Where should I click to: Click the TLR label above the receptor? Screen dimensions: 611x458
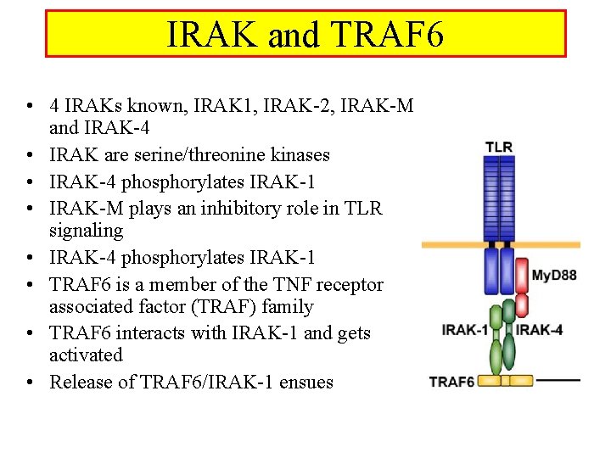tap(499, 147)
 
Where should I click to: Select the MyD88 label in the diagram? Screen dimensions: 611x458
tap(553, 275)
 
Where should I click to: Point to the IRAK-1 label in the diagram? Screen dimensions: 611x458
tap(464, 330)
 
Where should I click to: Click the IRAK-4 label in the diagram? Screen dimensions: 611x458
tap(540, 330)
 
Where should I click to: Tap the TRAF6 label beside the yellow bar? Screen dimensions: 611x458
tap(451, 381)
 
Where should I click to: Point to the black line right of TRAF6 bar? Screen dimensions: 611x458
tap(558, 381)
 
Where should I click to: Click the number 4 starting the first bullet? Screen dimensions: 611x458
tap(54, 106)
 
